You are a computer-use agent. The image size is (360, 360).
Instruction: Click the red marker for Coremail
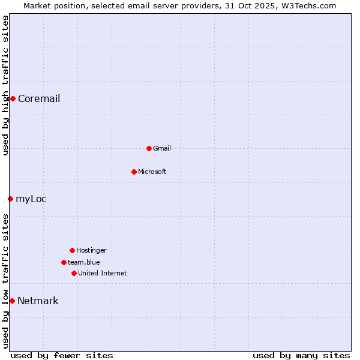[x=13, y=98]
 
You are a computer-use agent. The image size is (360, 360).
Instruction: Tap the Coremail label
[x=39, y=99]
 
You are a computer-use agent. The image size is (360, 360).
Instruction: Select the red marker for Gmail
[x=149, y=148]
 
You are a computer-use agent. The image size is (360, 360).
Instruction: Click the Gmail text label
[x=162, y=149]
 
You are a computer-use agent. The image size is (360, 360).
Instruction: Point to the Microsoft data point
[x=134, y=172]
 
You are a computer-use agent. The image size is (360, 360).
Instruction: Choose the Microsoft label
[x=152, y=172]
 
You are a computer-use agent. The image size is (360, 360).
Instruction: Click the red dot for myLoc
[x=10, y=199]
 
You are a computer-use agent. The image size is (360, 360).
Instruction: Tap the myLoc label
[x=31, y=199]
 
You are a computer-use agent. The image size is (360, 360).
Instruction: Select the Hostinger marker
[x=72, y=250]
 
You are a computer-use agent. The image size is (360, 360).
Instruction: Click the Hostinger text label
[x=91, y=251]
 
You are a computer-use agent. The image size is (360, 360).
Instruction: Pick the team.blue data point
[x=64, y=262]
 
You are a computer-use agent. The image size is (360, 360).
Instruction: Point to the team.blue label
[x=84, y=263]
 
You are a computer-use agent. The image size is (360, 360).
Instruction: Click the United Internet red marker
[x=74, y=273]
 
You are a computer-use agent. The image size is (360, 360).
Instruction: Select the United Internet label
[x=103, y=274]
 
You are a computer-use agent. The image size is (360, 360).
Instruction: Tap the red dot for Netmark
[x=12, y=301]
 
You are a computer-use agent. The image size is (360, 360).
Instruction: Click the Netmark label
[x=38, y=301]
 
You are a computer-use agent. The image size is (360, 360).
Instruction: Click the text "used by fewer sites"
[x=62, y=355]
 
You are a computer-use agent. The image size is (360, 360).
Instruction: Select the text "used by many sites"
[x=301, y=355]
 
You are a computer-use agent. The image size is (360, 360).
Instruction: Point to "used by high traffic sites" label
[x=5, y=85]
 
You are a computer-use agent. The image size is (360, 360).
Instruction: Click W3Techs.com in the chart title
[x=306, y=5]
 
